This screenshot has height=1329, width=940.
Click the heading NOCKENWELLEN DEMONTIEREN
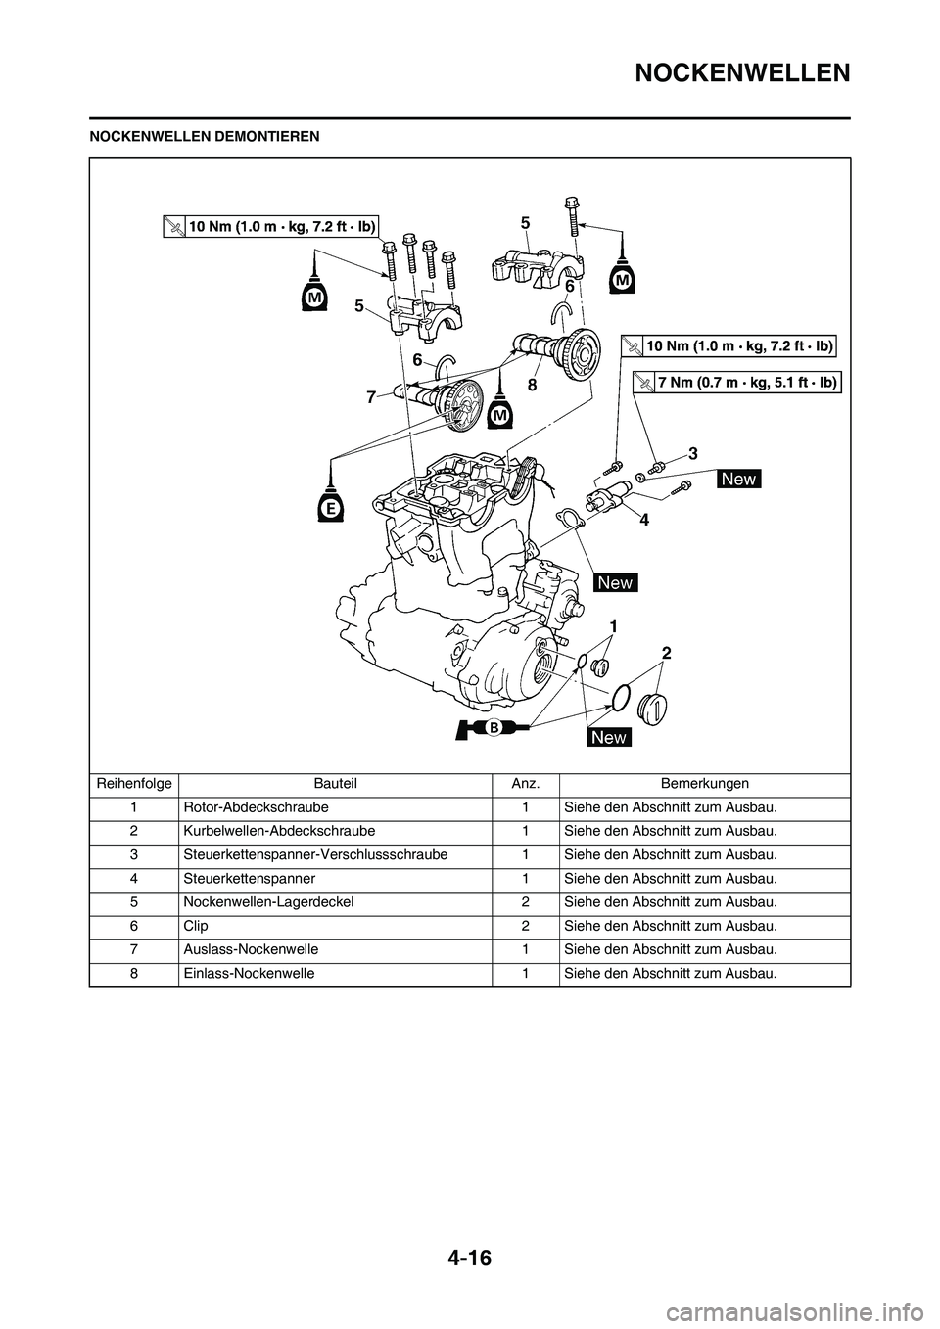205,136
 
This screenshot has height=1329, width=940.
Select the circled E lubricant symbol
333,509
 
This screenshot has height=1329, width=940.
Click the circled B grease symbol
495,727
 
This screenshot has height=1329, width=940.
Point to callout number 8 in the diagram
532,386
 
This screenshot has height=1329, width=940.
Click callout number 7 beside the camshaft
371,397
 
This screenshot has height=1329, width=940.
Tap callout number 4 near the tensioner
643,521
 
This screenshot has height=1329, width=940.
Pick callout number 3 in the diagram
692,453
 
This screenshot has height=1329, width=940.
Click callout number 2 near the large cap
666,652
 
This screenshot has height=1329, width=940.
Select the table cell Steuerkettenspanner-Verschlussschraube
315,854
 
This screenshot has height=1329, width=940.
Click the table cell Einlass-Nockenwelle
249,973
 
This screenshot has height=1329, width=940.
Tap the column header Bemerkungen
704,783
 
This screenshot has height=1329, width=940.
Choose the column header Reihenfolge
133,783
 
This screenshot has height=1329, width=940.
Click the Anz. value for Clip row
526,925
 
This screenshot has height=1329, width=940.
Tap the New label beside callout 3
739,478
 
